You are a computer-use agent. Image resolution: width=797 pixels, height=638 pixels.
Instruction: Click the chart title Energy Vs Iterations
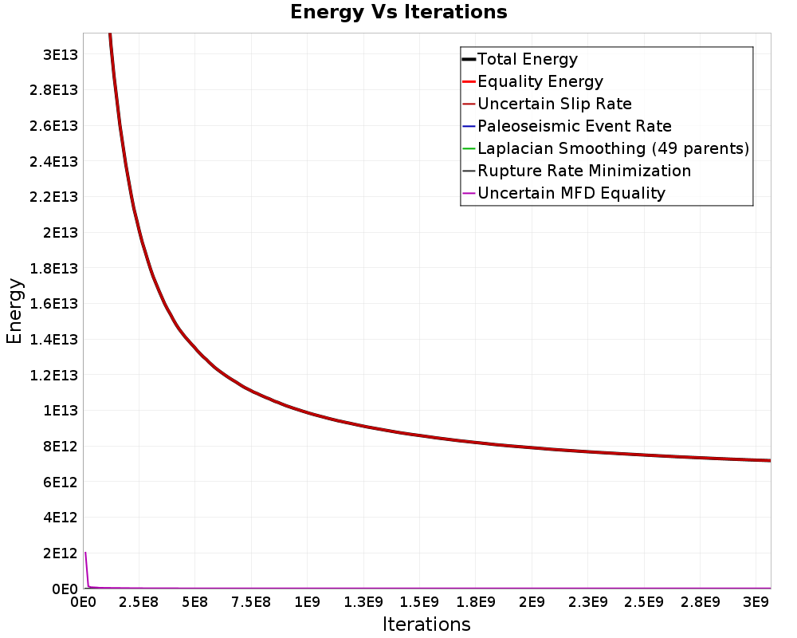coord(398,12)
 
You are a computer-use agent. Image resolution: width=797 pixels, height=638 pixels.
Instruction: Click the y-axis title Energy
coord(14,311)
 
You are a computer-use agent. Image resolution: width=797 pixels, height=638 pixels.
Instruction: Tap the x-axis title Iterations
coord(426,624)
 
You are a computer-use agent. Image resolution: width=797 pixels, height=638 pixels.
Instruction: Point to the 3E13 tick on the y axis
coord(61,54)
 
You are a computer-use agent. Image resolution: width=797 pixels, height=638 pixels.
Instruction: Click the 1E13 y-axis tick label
coord(61,411)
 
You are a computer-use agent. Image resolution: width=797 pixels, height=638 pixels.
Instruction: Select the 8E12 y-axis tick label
coord(61,446)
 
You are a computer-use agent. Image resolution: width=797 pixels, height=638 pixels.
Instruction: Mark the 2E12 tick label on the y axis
coord(61,553)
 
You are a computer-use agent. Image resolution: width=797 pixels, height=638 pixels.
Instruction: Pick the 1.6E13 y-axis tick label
coord(53,304)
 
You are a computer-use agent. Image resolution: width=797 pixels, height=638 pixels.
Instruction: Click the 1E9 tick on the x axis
coord(307,602)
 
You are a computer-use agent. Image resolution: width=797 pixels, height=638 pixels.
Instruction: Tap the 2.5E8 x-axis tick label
coord(139,602)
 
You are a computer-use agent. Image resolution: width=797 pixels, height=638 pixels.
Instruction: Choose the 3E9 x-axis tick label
coord(756,602)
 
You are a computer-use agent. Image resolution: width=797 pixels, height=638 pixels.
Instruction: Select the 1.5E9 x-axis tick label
coord(419,602)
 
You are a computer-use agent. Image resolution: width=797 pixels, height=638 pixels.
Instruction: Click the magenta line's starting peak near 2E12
coord(85,553)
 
